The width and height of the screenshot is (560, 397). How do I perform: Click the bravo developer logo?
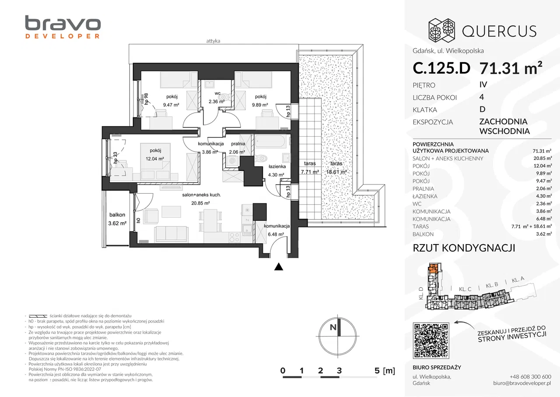click(63, 27)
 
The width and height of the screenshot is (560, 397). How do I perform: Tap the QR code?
click(431, 340)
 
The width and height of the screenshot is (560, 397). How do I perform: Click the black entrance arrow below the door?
click(279, 267)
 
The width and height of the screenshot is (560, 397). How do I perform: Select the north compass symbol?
click(337, 336)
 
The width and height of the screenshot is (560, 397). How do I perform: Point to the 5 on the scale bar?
click(377, 370)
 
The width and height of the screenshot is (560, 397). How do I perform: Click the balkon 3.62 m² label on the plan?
click(117, 219)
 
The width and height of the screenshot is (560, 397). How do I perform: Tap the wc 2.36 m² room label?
click(217, 98)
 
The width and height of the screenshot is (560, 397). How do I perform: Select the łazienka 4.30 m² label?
click(276, 170)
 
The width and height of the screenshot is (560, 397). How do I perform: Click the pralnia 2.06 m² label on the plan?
click(238, 148)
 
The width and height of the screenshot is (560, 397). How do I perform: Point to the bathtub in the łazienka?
click(270, 142)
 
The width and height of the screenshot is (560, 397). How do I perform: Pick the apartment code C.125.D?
click(441, 68)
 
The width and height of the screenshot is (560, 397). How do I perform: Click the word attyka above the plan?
click(213, 41)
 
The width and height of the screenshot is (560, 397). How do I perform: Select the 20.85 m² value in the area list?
click(542, 158)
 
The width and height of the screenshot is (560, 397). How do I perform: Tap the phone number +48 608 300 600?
click(530, 376)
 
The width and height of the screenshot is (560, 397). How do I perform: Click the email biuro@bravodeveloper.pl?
click(522, 383)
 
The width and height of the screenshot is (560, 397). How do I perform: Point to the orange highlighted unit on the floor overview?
click(433, 268)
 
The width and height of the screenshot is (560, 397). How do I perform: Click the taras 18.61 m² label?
click(336, 168)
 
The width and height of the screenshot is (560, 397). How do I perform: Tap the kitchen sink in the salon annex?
click(248, 229)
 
